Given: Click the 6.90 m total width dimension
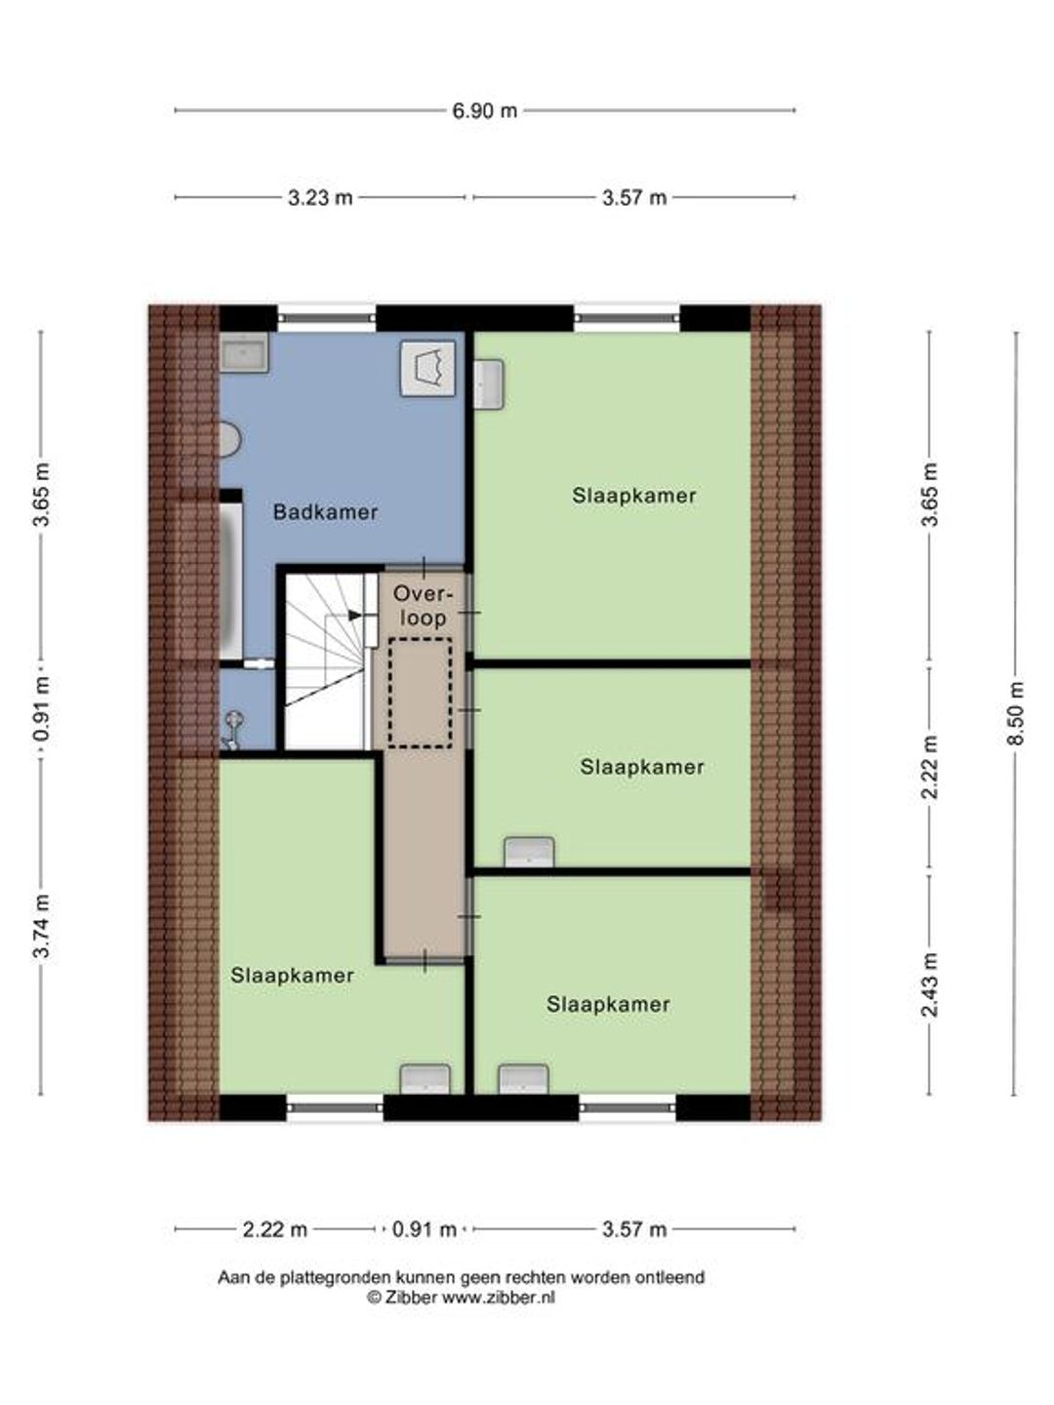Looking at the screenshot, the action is (484, 110).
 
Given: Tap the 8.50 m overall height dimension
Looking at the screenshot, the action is (1016, 713).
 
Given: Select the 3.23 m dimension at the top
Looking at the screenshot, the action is (320, 198).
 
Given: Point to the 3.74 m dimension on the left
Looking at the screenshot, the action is (42, 925).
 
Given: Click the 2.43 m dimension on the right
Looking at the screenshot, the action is (929, 984).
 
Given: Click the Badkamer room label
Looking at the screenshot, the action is (325, 512).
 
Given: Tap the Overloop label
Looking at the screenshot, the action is (420, 606).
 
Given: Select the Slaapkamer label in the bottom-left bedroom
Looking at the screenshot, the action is (292, 975).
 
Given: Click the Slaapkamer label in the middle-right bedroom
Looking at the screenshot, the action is (642, 767).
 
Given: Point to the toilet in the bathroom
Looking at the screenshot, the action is (229, 440).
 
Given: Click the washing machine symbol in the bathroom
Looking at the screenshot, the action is (427, 368).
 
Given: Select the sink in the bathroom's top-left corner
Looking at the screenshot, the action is (244, 352).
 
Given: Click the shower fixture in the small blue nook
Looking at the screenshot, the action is (231, 731).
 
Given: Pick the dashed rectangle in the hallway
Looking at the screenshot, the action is (420, 693).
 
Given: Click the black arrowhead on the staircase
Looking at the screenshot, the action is (354, 615).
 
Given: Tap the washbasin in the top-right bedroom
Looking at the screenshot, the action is (489, 383).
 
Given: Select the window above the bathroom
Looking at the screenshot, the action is (326, 317).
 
